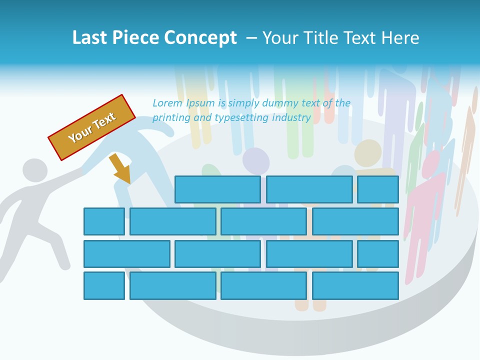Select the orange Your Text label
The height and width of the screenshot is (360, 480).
tap(92, 127)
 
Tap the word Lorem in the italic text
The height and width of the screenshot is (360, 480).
tap(167, 103)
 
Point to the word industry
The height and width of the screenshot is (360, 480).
tap(291, 118)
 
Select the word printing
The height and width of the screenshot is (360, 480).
tap(171, 118)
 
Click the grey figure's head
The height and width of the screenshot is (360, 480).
tap(34, 170)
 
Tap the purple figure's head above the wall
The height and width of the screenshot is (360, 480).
tap(256, 161)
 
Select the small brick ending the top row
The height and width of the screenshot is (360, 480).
tap(377, 189)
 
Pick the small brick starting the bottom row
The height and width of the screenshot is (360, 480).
tap(104, 285)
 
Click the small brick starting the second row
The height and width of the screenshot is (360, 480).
tap(104, 221)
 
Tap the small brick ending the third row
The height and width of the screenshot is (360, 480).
tap(377, 253)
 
